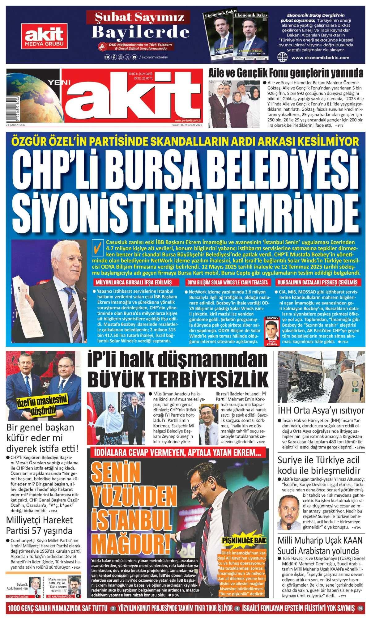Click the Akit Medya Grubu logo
(x=43, y=36)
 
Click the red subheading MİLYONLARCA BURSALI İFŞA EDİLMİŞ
(x=134, y=282)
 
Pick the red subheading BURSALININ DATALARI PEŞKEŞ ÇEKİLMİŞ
(x=317, y=282)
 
